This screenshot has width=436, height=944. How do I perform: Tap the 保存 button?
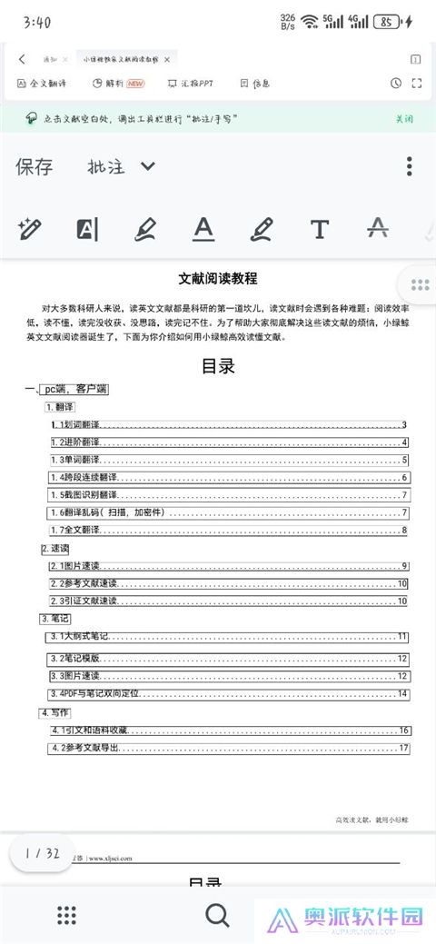(x=35, y=166)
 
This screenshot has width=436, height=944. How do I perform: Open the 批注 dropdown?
(x=121, y=166)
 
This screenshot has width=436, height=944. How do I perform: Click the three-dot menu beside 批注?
(x=410, y=166)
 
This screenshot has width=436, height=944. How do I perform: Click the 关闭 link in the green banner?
(x=404, y=119)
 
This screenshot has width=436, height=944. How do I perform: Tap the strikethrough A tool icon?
(x=377, y=229)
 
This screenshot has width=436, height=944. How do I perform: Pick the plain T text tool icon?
(x=319, y=229)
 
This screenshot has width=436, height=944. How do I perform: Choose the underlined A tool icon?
(x=203, y=229)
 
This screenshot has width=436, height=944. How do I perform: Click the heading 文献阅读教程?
(x=218, y=279)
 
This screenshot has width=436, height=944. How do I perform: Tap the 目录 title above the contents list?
(x=218, y=366)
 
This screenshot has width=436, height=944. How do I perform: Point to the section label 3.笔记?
(x=55, y=619)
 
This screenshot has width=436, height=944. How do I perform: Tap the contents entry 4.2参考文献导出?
(x=85, y=748)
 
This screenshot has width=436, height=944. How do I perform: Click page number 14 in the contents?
(x=402, y=693)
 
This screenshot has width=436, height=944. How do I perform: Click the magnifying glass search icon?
(x=217, y=914)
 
